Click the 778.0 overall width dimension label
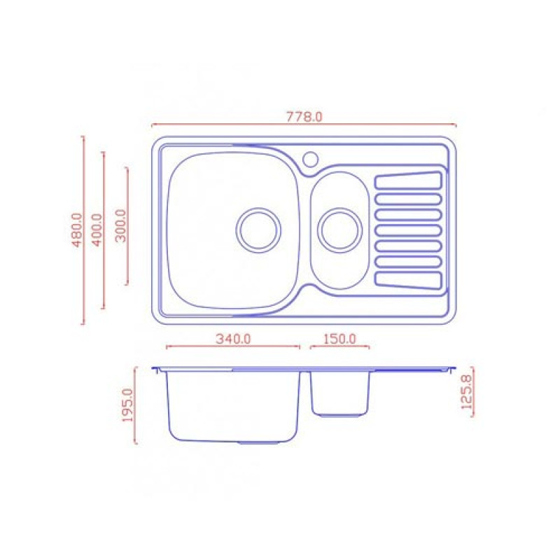[x=304, y=117]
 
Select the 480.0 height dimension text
[x=77, y=230]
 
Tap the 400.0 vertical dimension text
[x=97, y=230]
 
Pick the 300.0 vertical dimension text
[x=121, y=225]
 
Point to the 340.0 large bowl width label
[x=233, y=339]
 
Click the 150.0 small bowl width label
[x=339, y=339]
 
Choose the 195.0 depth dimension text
[x=127, y=405]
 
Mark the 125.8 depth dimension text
[x=466, y=392]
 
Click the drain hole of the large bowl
[x=258, y=230]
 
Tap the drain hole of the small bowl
[x=340, y=230]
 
